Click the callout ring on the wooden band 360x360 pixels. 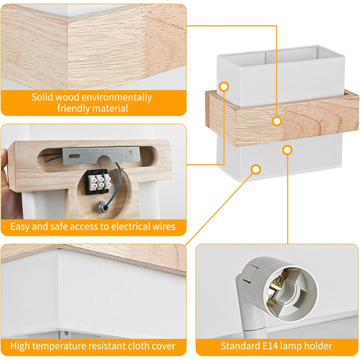pyautogui.click(x=277, y=121)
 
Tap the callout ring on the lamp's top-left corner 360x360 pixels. pyautogui.click(x=224, y=87)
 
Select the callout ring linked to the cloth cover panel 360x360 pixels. pyautogui.click(x=256, y=169)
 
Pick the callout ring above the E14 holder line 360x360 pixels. pyautogui.click(x=287, y=150)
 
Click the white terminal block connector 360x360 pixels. pyautogui.click(x=100, y=182)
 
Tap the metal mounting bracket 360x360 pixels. pyautogui.click(x=101, y=155)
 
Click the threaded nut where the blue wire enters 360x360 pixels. pyautogui.click(x=103, y=206)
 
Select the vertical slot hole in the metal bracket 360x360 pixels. pyautogui.click(x=131, y=154)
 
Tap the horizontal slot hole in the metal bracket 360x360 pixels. pyautogui.click(x=75, y=156)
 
